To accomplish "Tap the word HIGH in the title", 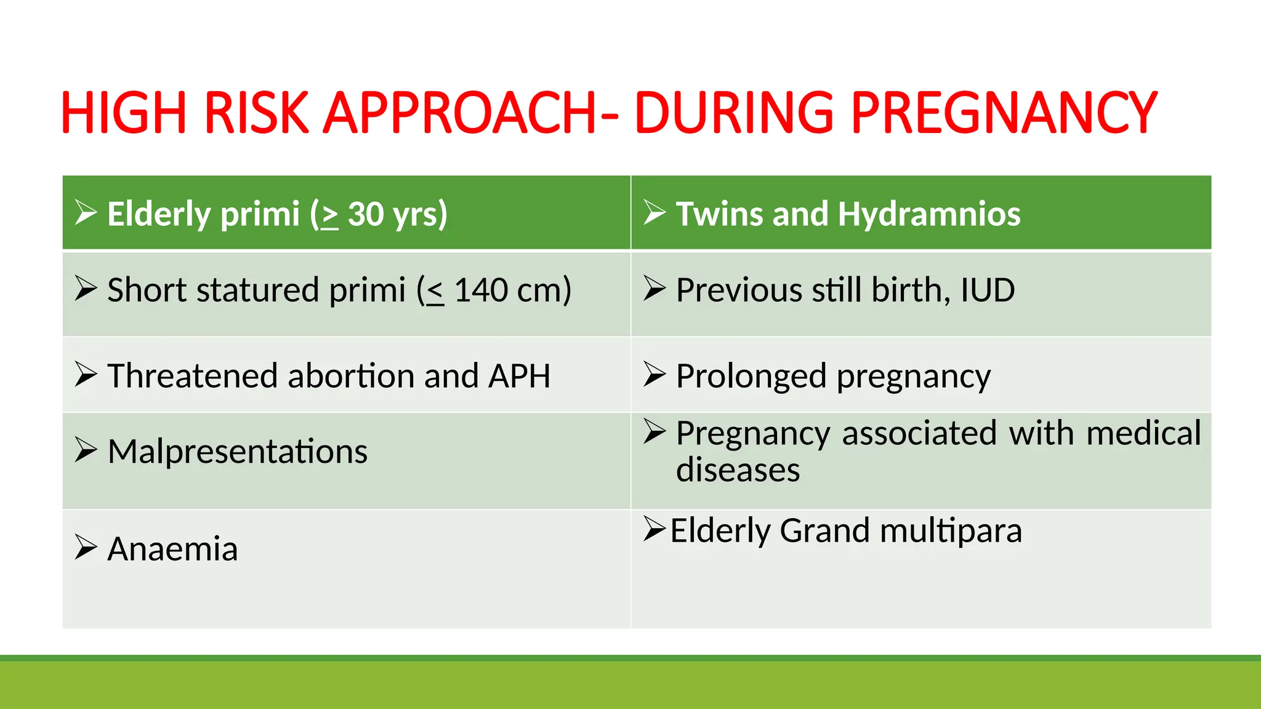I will [124, 113].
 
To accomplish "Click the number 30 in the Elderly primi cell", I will [366, 214].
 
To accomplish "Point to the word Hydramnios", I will [929, 214].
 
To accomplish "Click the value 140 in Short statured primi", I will [481, 290].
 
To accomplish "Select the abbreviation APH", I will [519, 376].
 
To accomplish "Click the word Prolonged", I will [751, 376].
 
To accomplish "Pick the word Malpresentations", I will [237, 452].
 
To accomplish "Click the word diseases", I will [738, 470].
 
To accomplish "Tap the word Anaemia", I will [172, 549].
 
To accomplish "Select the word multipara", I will [951, 531].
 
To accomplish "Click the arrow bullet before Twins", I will [655, 213].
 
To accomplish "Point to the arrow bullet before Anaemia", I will [86, 547].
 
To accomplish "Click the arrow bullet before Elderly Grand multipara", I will [655, 529].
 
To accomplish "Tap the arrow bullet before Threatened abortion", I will [86, 375].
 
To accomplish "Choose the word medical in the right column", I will [1143, 433].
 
